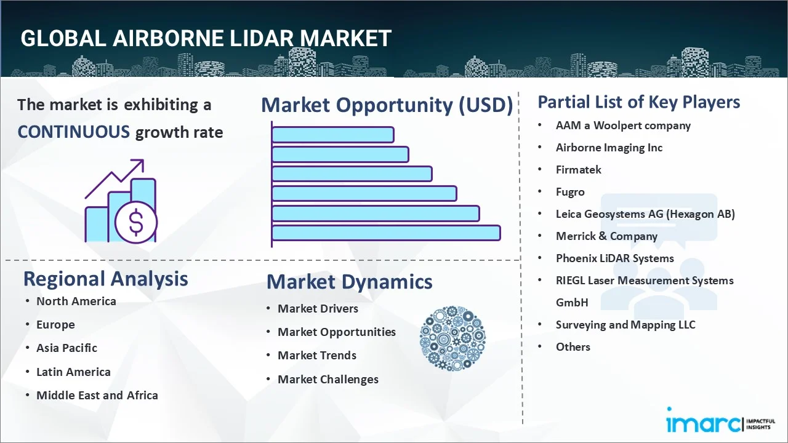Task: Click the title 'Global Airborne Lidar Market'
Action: coord(206,38)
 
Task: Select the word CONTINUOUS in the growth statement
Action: coord(73,132)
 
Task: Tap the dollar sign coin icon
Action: coord(136,223)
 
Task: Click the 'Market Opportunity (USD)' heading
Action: coord(387,105)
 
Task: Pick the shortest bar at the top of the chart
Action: coord(332,135)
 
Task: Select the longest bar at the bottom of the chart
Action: coord(386,233)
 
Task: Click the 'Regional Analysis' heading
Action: coord(105,279)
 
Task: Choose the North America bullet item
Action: coord(76,301)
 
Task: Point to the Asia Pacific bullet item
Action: coord(66,348)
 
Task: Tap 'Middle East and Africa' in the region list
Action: coord(97,395)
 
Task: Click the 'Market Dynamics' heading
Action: coord(349,282)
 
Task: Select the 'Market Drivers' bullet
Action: coord(318,308)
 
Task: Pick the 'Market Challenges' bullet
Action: coord(328,379)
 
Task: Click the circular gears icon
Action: coord(452,338)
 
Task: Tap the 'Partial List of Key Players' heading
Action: coord(638,102)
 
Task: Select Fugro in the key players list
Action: coord(570,192)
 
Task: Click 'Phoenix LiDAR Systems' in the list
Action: coord(614,258)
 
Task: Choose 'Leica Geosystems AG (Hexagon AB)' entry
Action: coord(645,214)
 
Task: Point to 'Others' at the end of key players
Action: coord(573,346)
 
